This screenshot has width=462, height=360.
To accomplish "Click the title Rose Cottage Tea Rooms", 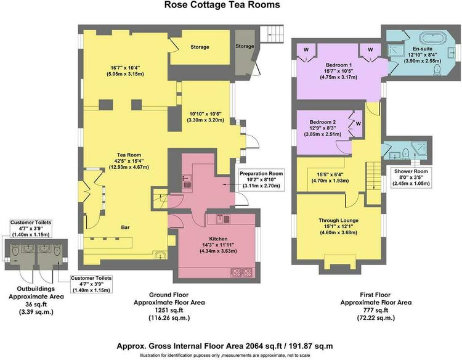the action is (x=222, y=5).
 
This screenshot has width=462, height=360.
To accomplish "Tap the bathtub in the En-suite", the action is (x=433, y=38).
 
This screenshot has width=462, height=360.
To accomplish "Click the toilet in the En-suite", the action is (x=437, y=70).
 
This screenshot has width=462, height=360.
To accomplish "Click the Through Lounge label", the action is (x=338, y=220).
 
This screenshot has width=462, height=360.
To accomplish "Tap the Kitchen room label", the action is (x=218, y=239).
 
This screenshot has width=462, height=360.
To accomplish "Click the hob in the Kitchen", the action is (x=241, y=272).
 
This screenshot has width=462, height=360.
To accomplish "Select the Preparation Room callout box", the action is (x=261, y=180).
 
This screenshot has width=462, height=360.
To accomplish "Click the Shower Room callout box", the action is (x=411, y=178).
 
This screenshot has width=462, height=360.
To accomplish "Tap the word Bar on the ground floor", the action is (x=125, y=227).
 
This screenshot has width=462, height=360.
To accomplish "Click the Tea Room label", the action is (x=129, y=155).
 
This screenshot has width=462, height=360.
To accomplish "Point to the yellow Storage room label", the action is (x=200, y=47).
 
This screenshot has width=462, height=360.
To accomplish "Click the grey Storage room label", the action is (x=245, y=46).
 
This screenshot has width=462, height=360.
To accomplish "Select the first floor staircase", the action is (x=374, y=177).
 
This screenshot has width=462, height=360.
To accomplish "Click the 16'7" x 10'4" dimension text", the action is (x=125, y=68).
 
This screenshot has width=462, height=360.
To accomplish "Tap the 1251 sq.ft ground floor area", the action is (x=169, y=310).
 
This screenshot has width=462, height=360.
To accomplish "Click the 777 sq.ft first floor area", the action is (x=376, y=310).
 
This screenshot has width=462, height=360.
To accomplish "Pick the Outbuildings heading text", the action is (x=36, y=289).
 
